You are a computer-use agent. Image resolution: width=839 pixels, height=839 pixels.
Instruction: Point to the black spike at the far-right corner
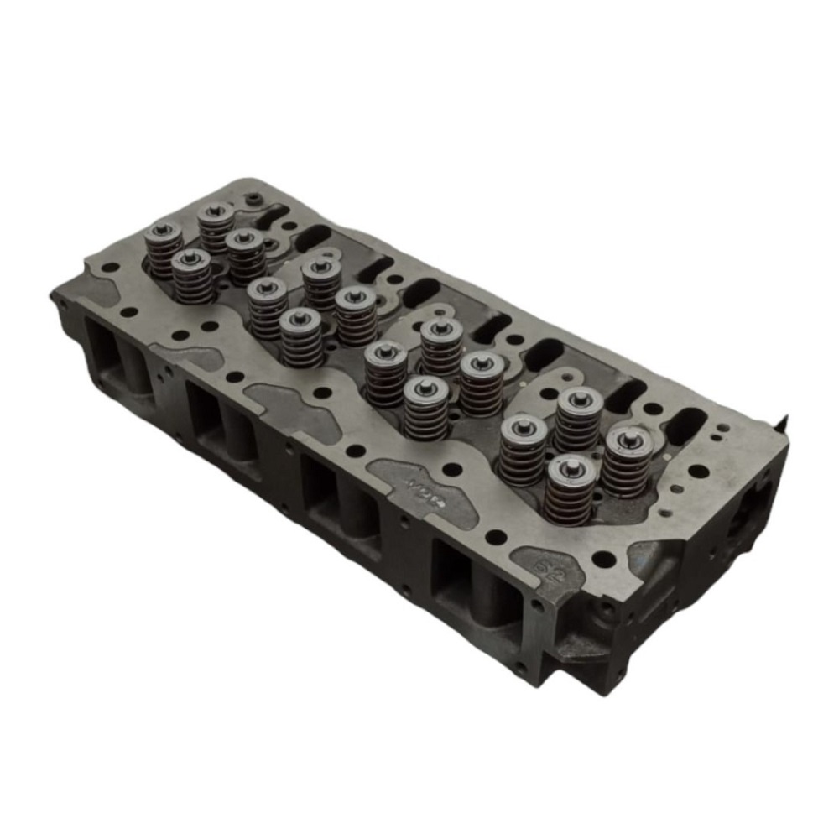click(787, 419)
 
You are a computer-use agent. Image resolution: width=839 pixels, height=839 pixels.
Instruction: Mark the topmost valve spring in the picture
click(216, 225)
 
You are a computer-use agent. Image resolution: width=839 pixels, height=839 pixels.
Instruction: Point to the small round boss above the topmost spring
click(253, 198)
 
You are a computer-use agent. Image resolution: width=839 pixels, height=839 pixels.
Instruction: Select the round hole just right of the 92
click(602, 557)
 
